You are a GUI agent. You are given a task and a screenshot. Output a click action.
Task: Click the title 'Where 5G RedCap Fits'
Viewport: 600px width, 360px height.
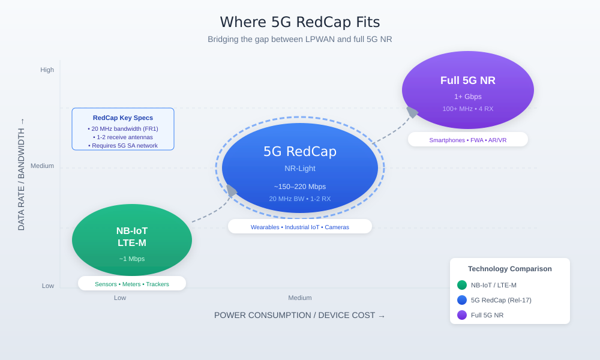(300, 22)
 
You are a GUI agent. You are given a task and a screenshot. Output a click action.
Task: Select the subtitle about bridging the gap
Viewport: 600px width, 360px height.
(300, 39)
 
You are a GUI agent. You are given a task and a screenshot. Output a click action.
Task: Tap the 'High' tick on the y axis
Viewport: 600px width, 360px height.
(47, 70)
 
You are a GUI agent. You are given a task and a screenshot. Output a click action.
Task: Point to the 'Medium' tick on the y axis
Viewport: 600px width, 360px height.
(43, 166)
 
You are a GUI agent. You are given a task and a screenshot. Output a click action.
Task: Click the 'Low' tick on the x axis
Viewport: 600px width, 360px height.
(120, 298)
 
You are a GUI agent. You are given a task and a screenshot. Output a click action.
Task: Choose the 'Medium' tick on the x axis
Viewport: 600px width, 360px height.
(300, 298)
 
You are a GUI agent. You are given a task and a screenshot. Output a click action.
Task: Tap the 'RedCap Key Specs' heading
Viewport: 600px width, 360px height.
(123, 118)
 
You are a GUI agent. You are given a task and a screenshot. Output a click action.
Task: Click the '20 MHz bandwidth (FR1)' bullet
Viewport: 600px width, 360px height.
(123, 128)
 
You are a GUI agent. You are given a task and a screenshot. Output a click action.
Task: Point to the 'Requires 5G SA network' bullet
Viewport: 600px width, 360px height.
(123, 145)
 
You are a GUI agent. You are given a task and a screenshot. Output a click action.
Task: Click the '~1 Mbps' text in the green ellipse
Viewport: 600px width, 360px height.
(132, 259)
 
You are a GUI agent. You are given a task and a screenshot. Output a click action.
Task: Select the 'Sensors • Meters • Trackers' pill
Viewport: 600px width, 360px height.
(132, 284)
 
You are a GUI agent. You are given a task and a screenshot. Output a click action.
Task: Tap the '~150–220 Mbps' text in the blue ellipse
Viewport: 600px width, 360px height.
(300, 187)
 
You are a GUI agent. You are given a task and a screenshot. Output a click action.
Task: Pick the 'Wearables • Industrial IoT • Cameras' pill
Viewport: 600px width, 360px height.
(300, 227)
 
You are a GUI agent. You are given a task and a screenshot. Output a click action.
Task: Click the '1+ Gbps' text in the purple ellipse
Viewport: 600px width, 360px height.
(468, 97)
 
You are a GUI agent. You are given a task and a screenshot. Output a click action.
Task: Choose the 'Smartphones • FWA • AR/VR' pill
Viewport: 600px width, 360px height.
(468, 140)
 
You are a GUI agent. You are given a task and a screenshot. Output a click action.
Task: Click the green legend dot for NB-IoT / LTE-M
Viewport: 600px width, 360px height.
(462, 285)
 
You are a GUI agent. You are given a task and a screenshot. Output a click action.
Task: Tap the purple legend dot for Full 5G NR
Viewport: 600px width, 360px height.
(462, 315)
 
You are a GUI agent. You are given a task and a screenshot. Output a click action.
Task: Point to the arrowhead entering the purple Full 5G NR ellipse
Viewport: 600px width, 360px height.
(412, 112)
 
